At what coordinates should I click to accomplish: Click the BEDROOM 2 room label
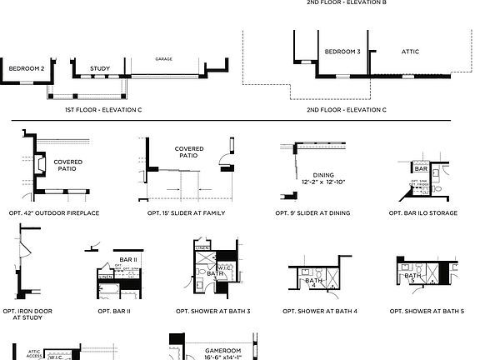pos(26,68)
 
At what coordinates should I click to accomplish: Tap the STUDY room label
pos(100,68)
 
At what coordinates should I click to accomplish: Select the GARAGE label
pos(163,59)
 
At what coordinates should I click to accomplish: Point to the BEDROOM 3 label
pos(342,52)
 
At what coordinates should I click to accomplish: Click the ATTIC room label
pos(410,52)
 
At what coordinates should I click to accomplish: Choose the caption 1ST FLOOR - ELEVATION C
pos(103,109)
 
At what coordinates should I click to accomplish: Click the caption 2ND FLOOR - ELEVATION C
pos(346,109)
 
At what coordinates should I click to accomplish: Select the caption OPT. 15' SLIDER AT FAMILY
pos(186,213)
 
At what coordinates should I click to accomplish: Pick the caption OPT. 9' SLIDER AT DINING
pos(312,213)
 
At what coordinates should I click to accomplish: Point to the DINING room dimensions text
pos(317,182)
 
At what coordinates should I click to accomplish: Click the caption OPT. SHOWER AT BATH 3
pos(212,311)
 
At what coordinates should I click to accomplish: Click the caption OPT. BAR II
pos(113,311)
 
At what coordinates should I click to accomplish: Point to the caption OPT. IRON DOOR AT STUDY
pos(27,314)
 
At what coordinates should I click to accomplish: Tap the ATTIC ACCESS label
pos(35,354)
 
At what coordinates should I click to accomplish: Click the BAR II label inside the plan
pos(127,260)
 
